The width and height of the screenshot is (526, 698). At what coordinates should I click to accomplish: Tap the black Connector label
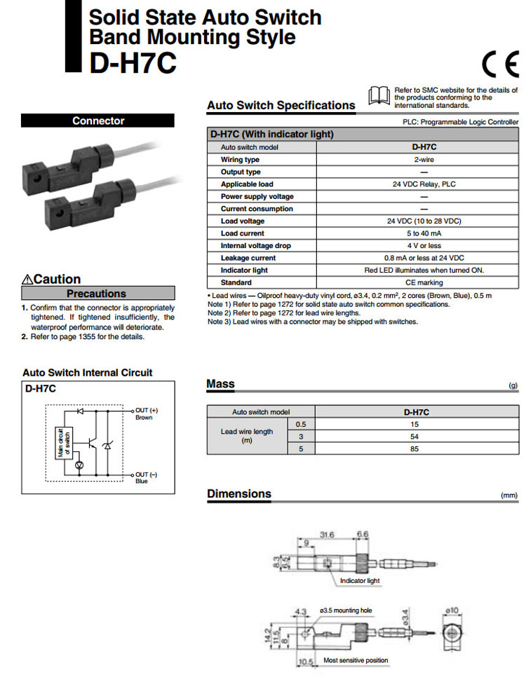coord(97,121)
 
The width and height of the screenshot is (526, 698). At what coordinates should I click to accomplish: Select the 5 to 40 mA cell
coord(419,233)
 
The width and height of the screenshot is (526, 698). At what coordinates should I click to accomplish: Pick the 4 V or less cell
coord(419,246)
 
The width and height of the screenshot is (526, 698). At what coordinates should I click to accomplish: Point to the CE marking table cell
coord(419,282)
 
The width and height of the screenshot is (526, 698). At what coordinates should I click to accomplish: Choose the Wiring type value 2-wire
coord(419,160)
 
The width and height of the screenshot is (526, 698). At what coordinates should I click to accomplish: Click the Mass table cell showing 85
coord(415,449)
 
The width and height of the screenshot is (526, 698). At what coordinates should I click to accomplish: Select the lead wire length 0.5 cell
coord(302,424)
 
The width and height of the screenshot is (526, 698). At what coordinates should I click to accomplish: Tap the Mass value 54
coord(415,436)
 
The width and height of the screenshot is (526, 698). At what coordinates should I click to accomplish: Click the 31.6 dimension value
coord(328,535)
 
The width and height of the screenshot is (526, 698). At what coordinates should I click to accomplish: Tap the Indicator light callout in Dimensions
coord(359,581)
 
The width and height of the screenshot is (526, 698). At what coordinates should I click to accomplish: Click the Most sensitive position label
coord(356,660)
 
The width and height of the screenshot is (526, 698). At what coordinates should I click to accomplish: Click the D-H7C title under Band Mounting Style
coord(133,63)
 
